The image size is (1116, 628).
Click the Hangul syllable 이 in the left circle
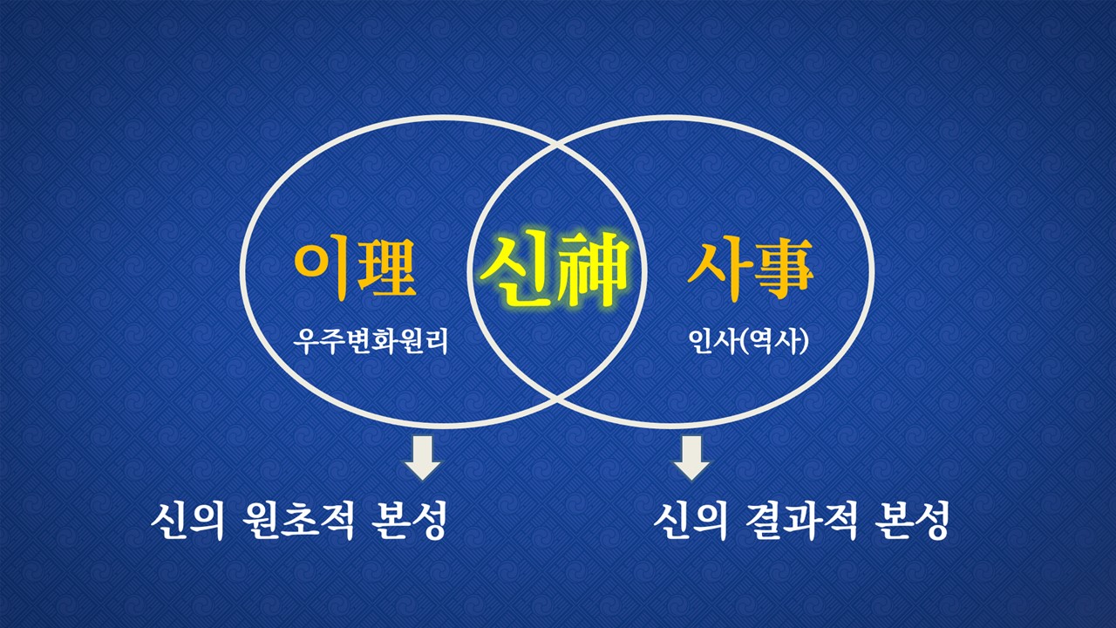coord(322,270)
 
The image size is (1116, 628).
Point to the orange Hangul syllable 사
coord(714,270)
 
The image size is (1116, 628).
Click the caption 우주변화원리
coord(371,341)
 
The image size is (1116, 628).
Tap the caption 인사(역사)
coord(748,341)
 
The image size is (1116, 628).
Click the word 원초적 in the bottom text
coord(299,521)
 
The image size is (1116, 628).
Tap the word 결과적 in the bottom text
coord(801,521)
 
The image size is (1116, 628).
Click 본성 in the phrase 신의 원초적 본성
coord(409,521)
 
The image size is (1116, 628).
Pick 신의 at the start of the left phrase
coord(187,521)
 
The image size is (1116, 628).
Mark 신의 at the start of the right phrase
coord(691,521)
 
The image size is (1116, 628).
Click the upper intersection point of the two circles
coord(557,146)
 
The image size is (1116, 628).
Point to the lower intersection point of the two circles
coord(557,399)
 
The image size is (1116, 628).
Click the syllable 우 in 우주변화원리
coord(305,341)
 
